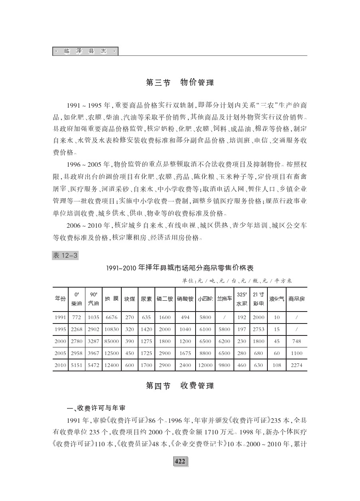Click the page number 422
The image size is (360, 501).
pos(180,462)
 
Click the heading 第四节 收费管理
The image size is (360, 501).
pos(180,386)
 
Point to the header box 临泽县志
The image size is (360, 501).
pos(85,51)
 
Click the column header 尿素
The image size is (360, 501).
pos(146,298)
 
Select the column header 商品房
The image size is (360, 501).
pos(297,298)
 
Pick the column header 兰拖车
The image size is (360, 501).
pos(225,298)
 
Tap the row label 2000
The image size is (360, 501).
pos(60,341)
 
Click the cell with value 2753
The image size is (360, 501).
pos(259,329)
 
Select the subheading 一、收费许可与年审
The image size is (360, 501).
pos(96,408)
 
